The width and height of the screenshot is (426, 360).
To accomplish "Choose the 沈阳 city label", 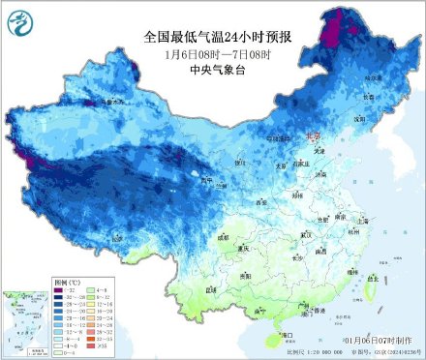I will (359, 119).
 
